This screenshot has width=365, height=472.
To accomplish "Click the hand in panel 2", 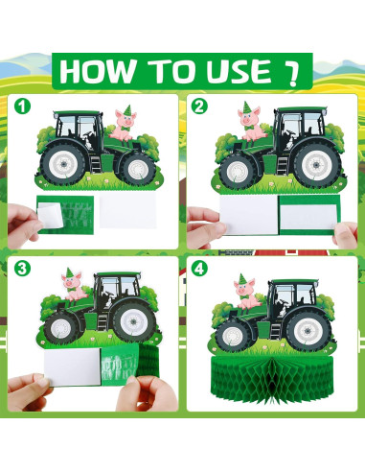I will coord(201,220).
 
